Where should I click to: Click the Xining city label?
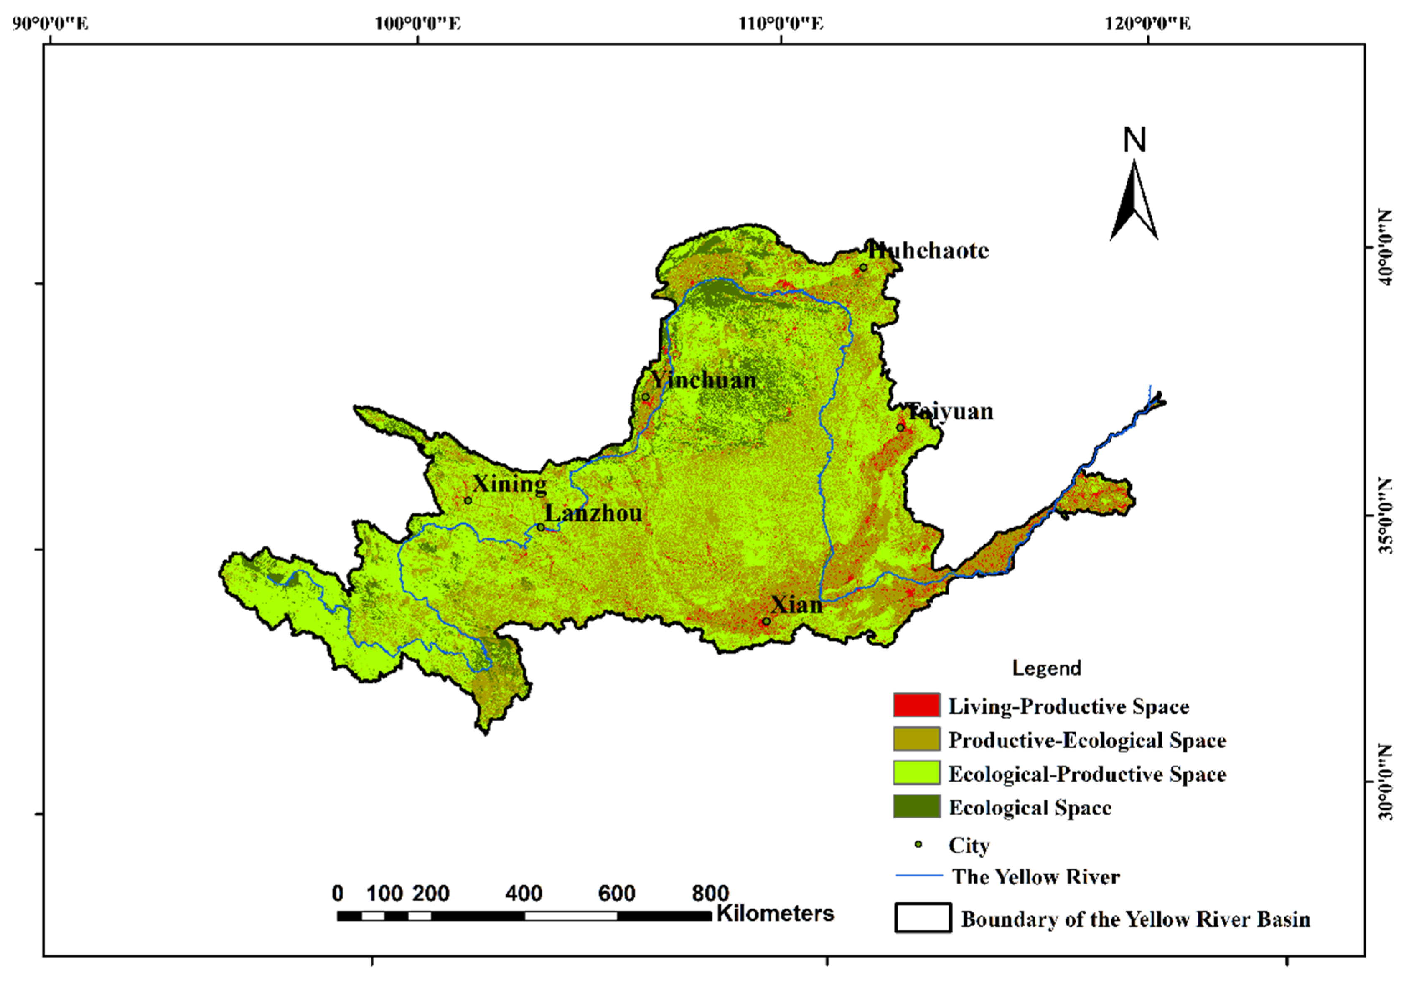point(509,484)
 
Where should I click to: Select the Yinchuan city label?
point(703,380)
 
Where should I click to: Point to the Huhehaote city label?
point(928,251)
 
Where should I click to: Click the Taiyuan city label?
point(950,411)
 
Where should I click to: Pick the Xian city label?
point(796,604)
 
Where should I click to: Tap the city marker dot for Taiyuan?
point(900,427)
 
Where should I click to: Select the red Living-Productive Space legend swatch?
point(916,705)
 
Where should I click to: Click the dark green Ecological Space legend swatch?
point(916,806)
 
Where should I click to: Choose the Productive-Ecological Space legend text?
point(1086,740)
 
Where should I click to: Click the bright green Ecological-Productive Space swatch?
point(916,773)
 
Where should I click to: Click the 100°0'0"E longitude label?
point(418,24)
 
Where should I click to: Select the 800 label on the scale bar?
point(710,893)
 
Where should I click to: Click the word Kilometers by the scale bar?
point(775,913)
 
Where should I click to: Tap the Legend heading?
point(1046,668)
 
